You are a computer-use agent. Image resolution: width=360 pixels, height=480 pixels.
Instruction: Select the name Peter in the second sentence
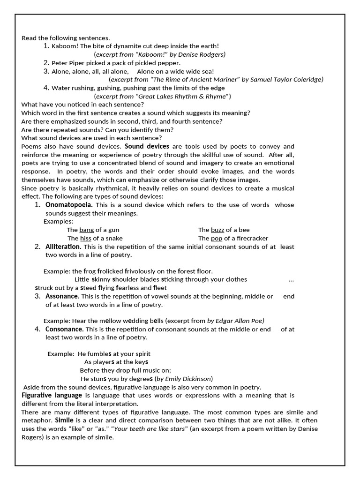[x=60, y=63]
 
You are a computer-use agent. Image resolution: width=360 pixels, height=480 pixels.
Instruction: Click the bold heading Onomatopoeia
[x=68, y=205]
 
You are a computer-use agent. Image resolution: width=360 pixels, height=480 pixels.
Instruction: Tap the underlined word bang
[x=87, y=230]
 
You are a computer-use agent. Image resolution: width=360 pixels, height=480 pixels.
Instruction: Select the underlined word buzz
[x=217, y=230]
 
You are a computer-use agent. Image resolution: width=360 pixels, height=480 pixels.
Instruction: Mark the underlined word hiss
[x=85, y=238]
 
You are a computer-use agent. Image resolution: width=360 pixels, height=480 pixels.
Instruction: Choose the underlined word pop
[x=217, y=238]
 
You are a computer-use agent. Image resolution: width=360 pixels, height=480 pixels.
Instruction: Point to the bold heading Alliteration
[x=63, y=247]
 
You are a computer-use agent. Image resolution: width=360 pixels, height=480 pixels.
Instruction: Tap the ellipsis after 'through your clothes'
[x=291, y=279]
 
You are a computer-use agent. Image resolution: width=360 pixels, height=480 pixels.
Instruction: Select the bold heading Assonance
[x=62, y=296]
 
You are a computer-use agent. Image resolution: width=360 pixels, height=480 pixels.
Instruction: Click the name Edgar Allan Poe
[x=240, y=321]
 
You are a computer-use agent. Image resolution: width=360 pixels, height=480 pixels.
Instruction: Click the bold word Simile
[x=64, y=420]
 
